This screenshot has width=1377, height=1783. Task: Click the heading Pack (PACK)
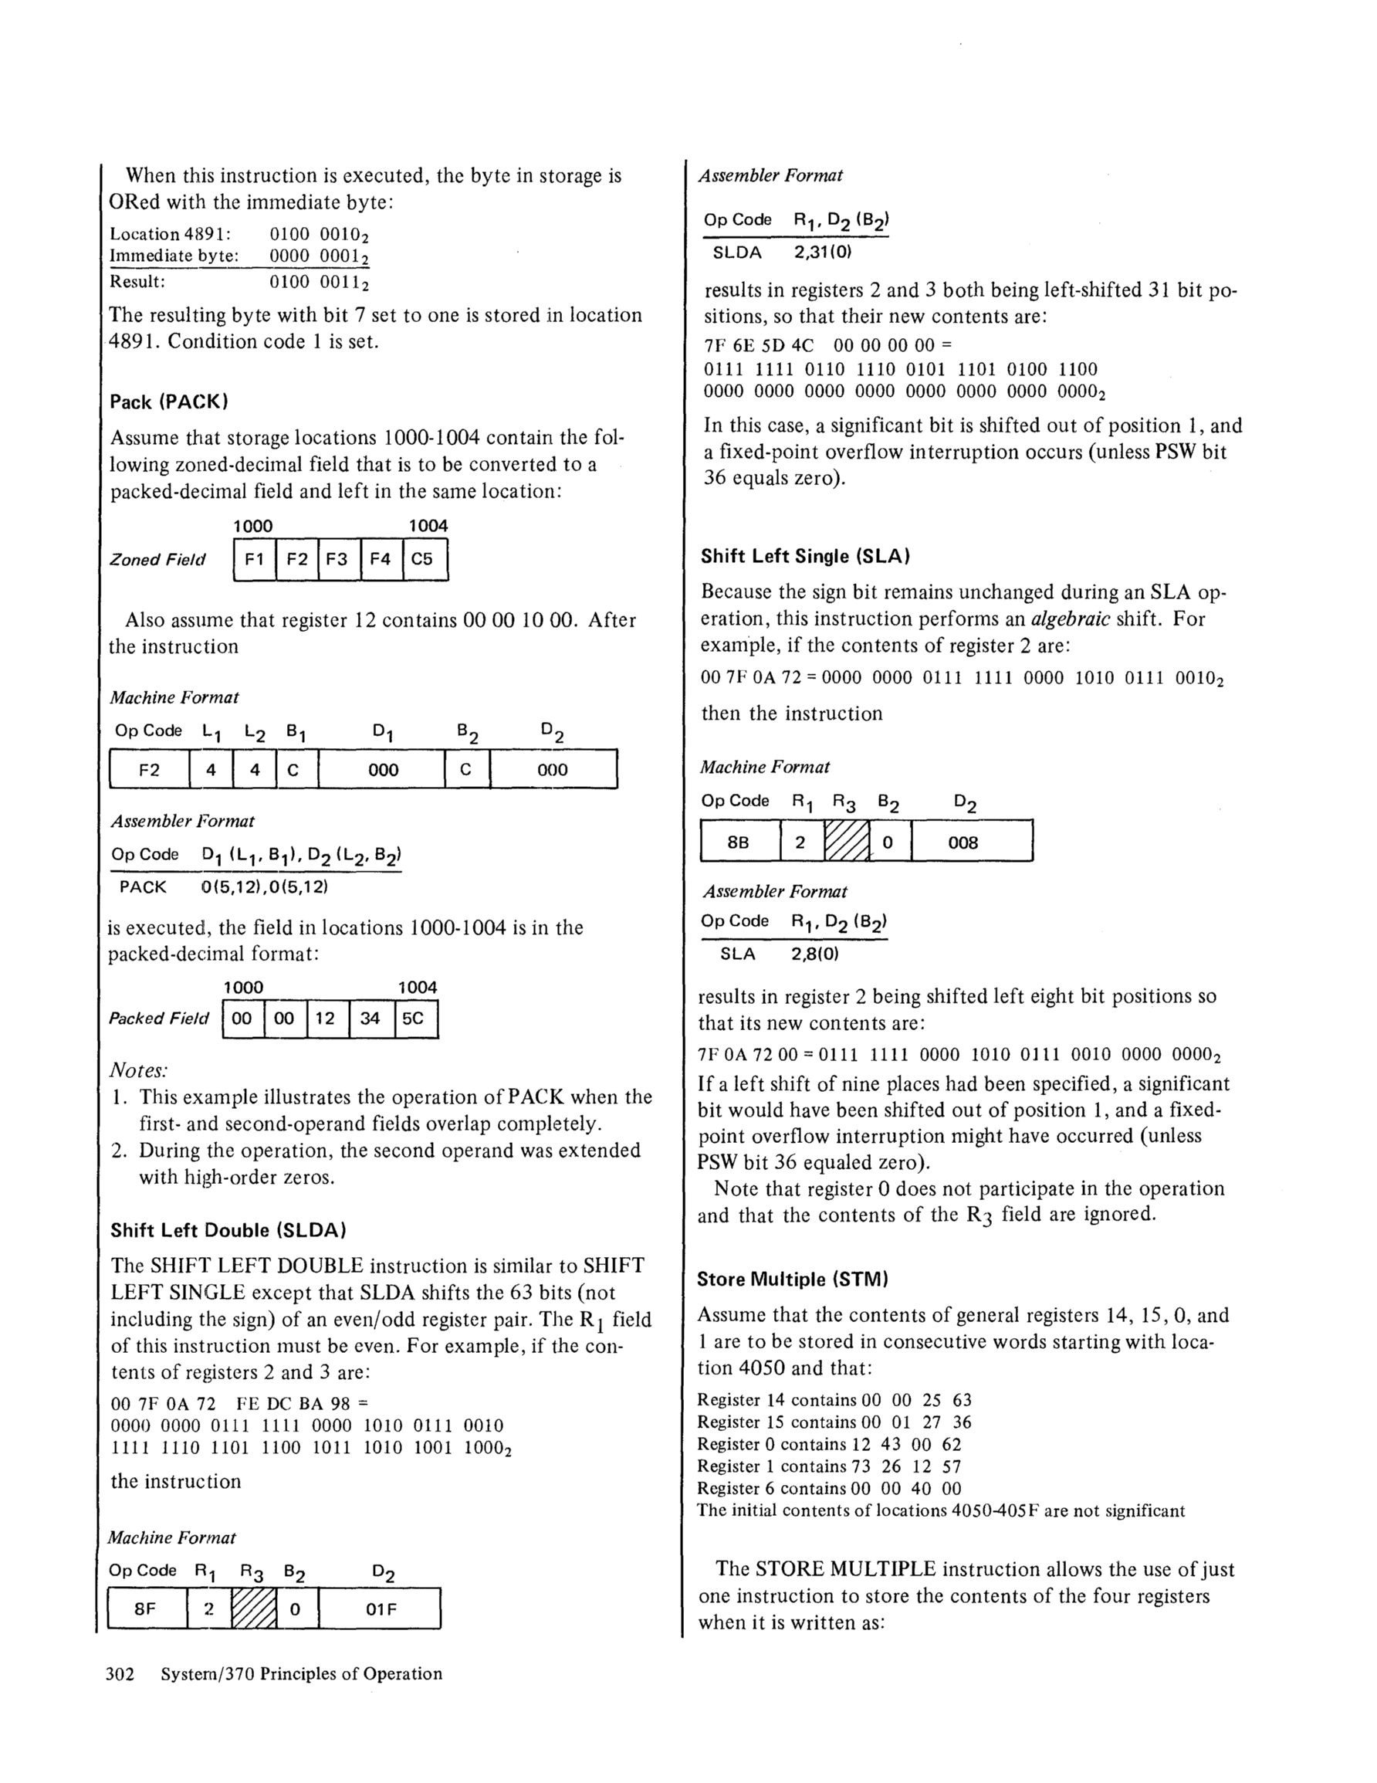click(169, 402)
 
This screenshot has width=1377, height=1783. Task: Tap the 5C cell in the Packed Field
click(415, 1019)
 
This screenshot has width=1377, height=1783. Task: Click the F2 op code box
click(150, 769)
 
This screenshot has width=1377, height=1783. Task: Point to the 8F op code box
click(146, 1608)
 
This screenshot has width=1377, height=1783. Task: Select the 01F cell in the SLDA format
click(380, 1608)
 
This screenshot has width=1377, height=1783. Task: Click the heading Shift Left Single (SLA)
click(805, 556)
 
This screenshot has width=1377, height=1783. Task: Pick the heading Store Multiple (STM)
click(793, 1280)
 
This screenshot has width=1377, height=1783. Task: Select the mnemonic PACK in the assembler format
click(143, 886)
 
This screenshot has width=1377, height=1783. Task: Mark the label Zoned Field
click(157, 560)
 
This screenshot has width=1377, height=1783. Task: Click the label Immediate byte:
click(174, 256)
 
